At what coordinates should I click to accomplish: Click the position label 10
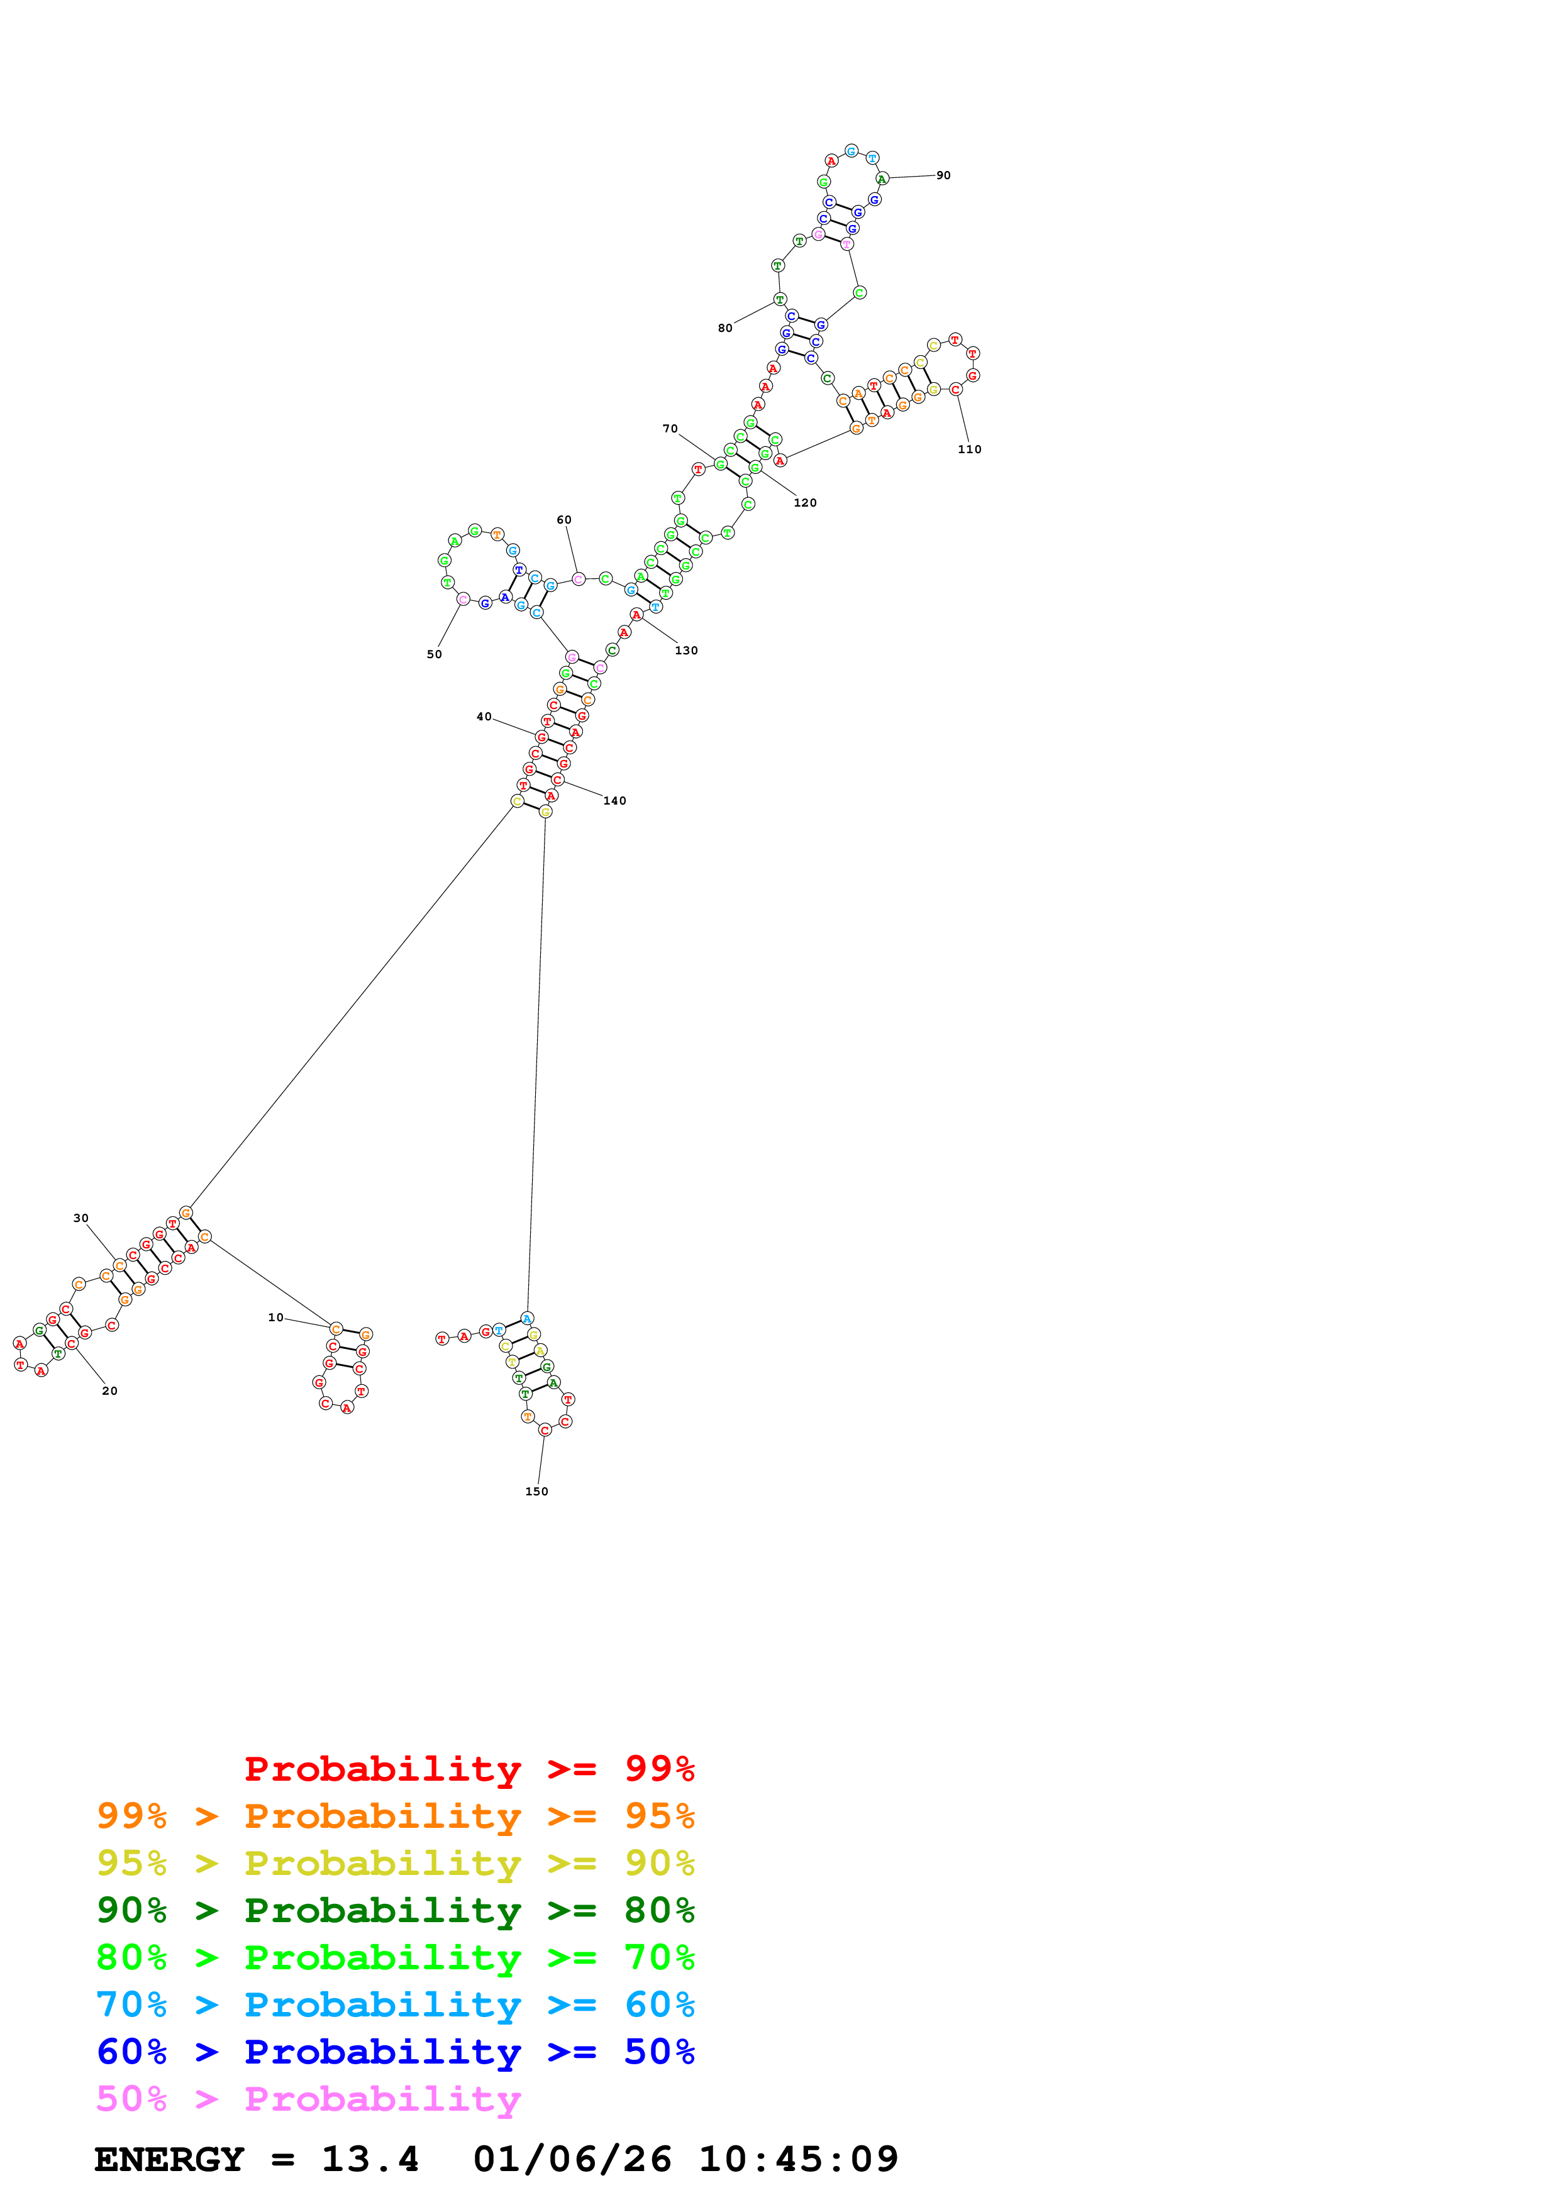(x=275, y=1317)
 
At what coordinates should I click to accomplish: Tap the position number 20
(x=109, y=1390)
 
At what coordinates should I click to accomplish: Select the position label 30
(x=80, y=1218)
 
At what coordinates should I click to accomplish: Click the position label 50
(x=434, y=654)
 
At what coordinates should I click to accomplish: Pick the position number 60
(x=564, y=520)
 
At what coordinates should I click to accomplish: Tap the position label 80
(x=725, y=327)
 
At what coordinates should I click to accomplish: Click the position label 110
(x=969, y=449)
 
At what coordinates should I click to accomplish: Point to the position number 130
(x=686, y=650)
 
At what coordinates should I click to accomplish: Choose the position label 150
(x=536, y=1492)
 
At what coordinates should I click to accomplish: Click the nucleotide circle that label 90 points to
(x=882, y=179)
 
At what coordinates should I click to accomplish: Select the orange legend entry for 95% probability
(x=395, y=1816)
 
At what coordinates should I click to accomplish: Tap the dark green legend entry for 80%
(x=395, y=1910)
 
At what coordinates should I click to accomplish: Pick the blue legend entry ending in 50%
(x=395, y=2052)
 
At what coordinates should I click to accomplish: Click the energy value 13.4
(x=370, y=2159)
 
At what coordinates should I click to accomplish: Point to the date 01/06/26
(x=572, y=2159)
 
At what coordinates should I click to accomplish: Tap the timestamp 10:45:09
(x=797, y=2159)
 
